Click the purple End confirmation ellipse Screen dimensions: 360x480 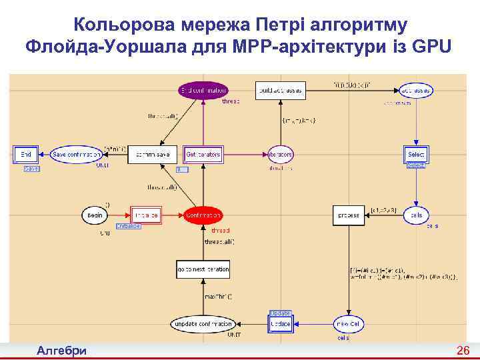pyautogui.click(x=203, y=90)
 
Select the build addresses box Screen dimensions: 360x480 pyautogui.click(x=280, y=90)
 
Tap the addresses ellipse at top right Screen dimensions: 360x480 pyautogui.click(x=417, y=90)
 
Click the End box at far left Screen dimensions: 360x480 pyautogui.click(x=26, y=155)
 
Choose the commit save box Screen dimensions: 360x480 pyautogui.click(x=152, y=155)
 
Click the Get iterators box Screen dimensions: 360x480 pyautogui.click(x=203, y=155)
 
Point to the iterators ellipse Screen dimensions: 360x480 pyautogui.click(x=281, y=155)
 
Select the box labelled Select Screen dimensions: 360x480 pyautogui.click(x=416, y=155)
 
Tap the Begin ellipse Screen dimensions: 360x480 pyautogui.click(x=95, y=215)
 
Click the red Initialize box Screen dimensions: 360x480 pyautogui.click(x=147, y=215)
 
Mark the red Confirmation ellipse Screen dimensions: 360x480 pyautogui.click(x=203, y=215)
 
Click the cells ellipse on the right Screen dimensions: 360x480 pyautogui.click(x=417, y=215)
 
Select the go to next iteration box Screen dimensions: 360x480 pyautogui.click(x=203, y=269)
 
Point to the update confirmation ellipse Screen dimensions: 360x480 pyautogui.click(x=203, y=324)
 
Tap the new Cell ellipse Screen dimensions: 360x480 pyautogui.click(x=349, y=324)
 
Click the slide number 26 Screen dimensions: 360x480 pyautogui.click(x=463, y=351)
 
